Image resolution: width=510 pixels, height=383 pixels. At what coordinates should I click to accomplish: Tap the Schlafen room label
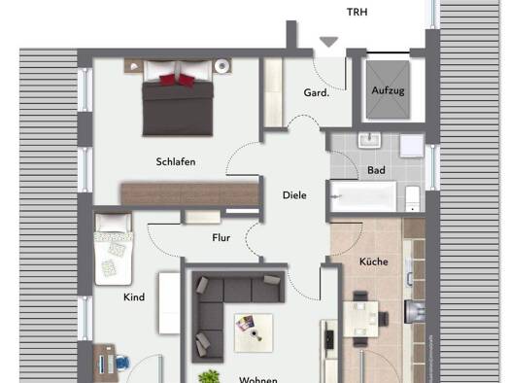tap(175, 161)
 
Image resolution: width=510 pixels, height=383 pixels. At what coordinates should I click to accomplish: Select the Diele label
tap(294, 195)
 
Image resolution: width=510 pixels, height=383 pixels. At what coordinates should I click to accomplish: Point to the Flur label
tap(221, 237)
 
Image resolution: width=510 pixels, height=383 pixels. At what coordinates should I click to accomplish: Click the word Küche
tap(374, 261)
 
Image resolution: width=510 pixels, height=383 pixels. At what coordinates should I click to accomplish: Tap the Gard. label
tap(317, 94)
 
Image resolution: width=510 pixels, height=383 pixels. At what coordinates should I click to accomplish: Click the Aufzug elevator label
tap(387, 91)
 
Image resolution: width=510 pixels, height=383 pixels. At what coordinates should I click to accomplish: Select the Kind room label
tap(134, 296)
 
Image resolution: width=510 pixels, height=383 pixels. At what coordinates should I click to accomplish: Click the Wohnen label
tap(258, 379)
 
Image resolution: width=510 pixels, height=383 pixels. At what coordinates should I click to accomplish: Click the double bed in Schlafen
tap(178, 99)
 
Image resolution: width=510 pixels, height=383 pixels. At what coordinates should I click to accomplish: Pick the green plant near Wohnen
tap(207, 375)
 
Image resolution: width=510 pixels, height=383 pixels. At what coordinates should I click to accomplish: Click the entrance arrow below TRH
tap(328, 41)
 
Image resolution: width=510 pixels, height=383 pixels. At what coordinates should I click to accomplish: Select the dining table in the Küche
tap(360, 315)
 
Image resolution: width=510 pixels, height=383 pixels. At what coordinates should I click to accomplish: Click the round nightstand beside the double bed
tap(222, 66)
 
